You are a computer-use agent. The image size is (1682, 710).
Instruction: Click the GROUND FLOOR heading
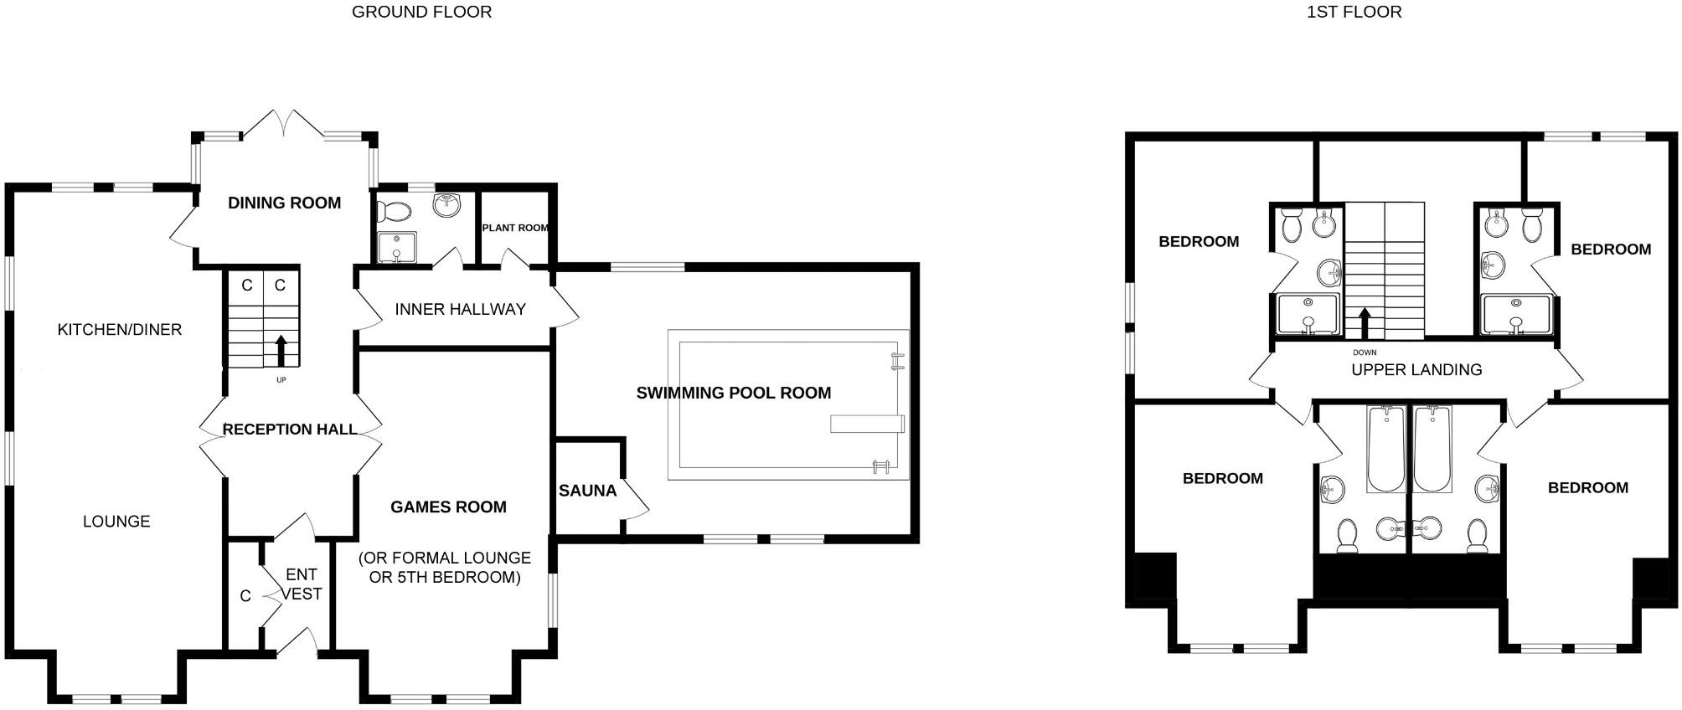point(421,12)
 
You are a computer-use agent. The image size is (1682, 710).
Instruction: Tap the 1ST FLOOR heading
point(1354,12)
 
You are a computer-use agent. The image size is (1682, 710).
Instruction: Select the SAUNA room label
point(587,491)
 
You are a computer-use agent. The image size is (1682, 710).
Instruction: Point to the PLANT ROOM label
point(515,228)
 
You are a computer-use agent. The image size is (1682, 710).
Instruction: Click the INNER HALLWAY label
point(460,309)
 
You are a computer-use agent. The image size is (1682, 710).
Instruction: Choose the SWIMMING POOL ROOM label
point(733,393)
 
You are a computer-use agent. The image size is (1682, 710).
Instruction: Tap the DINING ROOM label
point(284,203)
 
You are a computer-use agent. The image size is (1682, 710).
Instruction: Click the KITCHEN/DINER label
point(119,329)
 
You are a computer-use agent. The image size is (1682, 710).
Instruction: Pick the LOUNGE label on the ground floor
point(116,522)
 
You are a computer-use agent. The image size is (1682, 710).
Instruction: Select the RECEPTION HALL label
point(290,430)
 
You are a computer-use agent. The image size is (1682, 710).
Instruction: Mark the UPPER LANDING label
point(1416,369)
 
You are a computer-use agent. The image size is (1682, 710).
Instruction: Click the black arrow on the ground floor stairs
point(281,351)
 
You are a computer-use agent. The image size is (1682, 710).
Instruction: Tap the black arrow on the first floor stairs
point(1365,322)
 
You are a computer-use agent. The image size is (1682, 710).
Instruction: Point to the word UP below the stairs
point(281,380)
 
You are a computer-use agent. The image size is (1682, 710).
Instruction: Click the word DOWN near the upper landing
point(1365,352)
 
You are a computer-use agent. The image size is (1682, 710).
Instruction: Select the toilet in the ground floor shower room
point(394,210)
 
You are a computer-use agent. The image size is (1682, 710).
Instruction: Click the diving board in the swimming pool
point(866,424)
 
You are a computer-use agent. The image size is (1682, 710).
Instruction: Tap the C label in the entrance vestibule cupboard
point(245,596)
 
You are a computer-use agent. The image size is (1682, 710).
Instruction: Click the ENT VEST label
point(301,584)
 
